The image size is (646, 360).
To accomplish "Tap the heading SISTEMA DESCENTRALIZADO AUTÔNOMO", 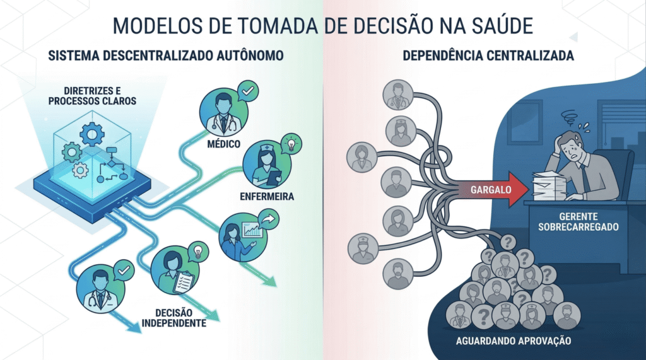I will pos(165,56).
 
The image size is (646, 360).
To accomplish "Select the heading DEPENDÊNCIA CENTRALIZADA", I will pos(488,56).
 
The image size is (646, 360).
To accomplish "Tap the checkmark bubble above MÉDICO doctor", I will pos(247,92).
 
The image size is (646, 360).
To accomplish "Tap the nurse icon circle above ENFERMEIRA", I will pos(264,165).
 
